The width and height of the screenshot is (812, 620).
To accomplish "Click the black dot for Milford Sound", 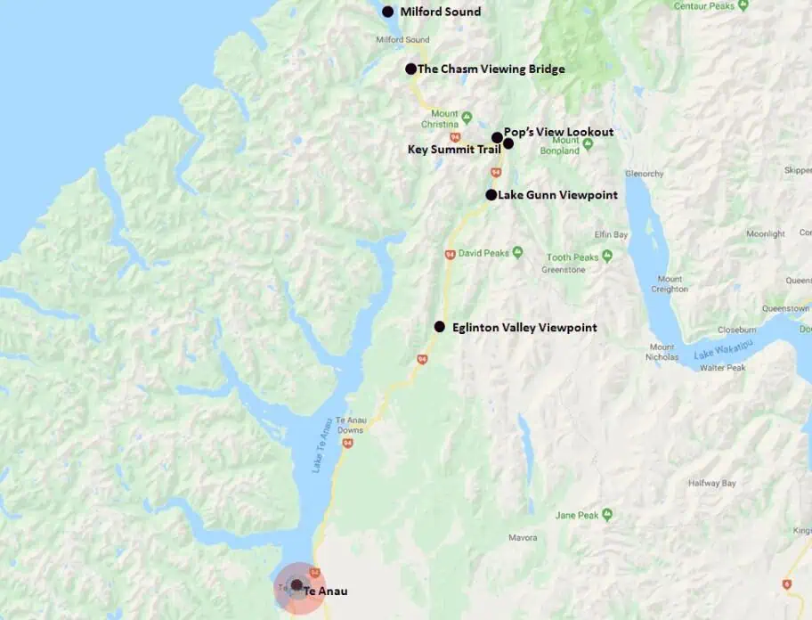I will [387, 12].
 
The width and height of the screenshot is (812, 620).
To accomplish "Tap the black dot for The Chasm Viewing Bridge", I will [410, 69].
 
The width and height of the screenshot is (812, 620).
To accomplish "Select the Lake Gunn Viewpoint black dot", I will [491, 194].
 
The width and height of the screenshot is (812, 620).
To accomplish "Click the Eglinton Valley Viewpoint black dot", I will [439, 327].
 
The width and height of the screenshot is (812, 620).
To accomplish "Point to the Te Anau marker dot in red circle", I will [296, 585].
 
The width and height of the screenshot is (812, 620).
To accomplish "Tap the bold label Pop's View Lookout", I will [558, 132].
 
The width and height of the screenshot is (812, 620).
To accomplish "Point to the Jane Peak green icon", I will [607, 515].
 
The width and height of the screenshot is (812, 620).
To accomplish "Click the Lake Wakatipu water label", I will [721, 354].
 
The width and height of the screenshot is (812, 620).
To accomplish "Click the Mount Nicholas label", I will [662, 352].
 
